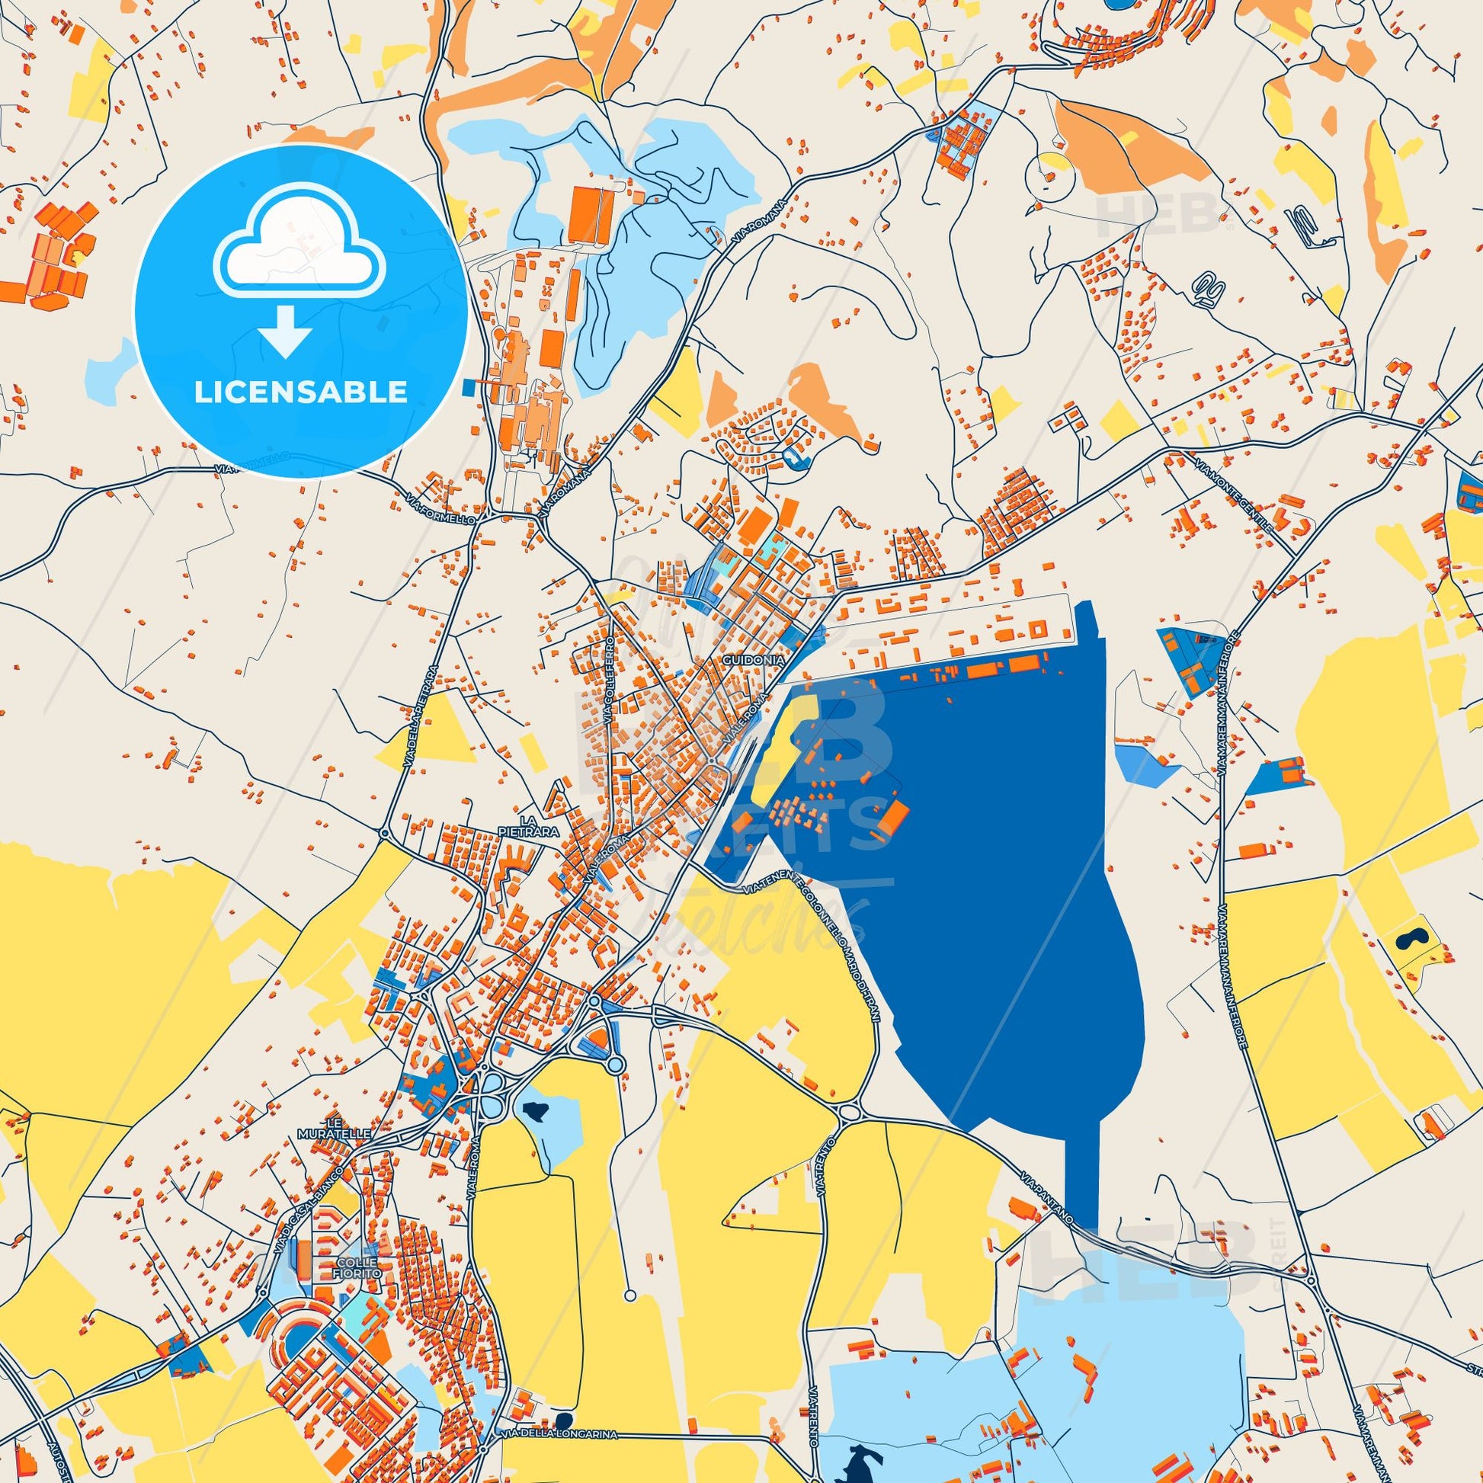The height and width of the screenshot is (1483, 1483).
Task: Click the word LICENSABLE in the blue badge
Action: point(300,392)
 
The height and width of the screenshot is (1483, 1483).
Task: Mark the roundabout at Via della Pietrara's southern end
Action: point(385,832)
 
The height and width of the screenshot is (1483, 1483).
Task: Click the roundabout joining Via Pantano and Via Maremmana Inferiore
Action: point(1310,1281)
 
